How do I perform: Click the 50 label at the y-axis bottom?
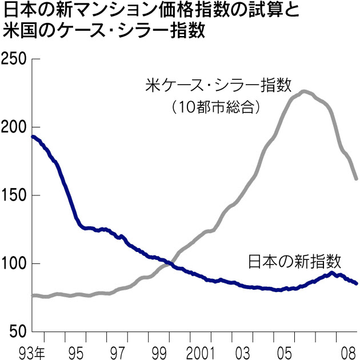coord(17,331)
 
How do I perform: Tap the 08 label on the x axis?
coord(343,350)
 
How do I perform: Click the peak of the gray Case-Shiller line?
coord(304,91)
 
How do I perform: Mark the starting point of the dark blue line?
coord(33,137)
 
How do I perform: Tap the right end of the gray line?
coord(356,179)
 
